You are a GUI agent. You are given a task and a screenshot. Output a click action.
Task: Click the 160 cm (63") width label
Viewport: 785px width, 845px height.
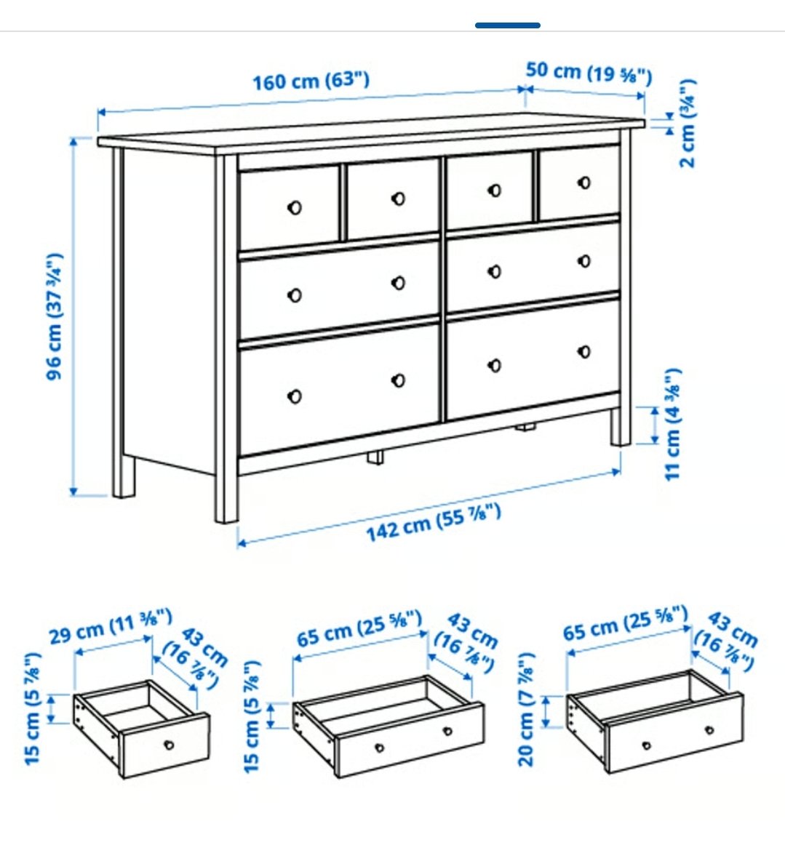point(311,81)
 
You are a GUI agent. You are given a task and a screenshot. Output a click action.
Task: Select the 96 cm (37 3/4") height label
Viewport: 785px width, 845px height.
point(55,316)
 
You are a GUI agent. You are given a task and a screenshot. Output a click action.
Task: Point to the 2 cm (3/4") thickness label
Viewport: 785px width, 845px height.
point(688,124)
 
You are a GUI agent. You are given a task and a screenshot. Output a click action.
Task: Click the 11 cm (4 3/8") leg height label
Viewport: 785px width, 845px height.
point(673,424)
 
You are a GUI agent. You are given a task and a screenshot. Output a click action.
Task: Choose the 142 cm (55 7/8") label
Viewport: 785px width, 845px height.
point(434,522)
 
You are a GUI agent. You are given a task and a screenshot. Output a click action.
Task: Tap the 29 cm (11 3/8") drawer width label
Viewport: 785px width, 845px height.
point(111,625)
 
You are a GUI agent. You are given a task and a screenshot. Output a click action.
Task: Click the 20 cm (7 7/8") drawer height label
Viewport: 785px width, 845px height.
point(526,709)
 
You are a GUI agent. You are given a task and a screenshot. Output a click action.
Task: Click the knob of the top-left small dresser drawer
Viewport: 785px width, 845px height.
point(295,207)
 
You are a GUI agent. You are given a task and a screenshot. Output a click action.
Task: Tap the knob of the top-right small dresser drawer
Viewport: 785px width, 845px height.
point(584,183)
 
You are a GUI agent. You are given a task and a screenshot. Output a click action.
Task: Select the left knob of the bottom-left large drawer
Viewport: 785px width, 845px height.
point(295,396)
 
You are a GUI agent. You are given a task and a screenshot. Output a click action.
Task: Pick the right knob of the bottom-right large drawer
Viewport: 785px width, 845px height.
point(584,352)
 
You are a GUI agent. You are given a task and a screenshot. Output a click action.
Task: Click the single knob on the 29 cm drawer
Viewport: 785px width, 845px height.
point(170,745)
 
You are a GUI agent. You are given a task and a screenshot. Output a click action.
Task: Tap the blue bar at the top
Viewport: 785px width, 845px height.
point(507,25)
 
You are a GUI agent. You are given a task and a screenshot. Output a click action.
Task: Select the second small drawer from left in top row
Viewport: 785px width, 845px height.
point(393,199)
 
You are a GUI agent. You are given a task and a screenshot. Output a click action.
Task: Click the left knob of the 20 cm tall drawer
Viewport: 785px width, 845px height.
point(647,746)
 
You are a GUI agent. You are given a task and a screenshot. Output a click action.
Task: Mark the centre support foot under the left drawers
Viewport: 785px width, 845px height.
point(376,457)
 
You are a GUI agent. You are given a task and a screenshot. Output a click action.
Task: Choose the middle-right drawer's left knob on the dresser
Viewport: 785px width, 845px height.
point(495,272)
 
